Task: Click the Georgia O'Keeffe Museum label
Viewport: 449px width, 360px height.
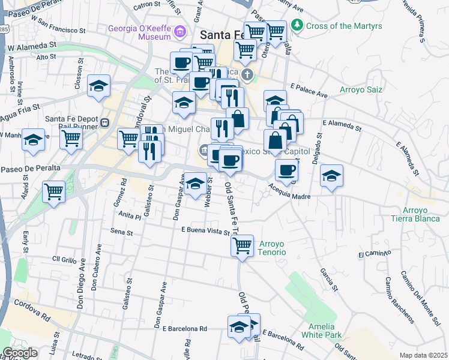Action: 140,32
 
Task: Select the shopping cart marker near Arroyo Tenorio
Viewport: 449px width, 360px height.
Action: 242,245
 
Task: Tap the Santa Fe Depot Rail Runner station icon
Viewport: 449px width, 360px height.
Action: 104,122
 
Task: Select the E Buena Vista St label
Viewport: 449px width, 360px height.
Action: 205,230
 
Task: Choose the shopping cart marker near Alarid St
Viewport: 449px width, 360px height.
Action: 54,193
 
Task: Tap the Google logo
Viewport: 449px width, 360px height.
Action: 20,353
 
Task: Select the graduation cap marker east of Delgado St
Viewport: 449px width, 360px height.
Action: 331,176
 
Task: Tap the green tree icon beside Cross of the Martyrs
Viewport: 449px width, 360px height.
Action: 297,26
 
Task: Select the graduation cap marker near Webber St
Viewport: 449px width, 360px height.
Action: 195,185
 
